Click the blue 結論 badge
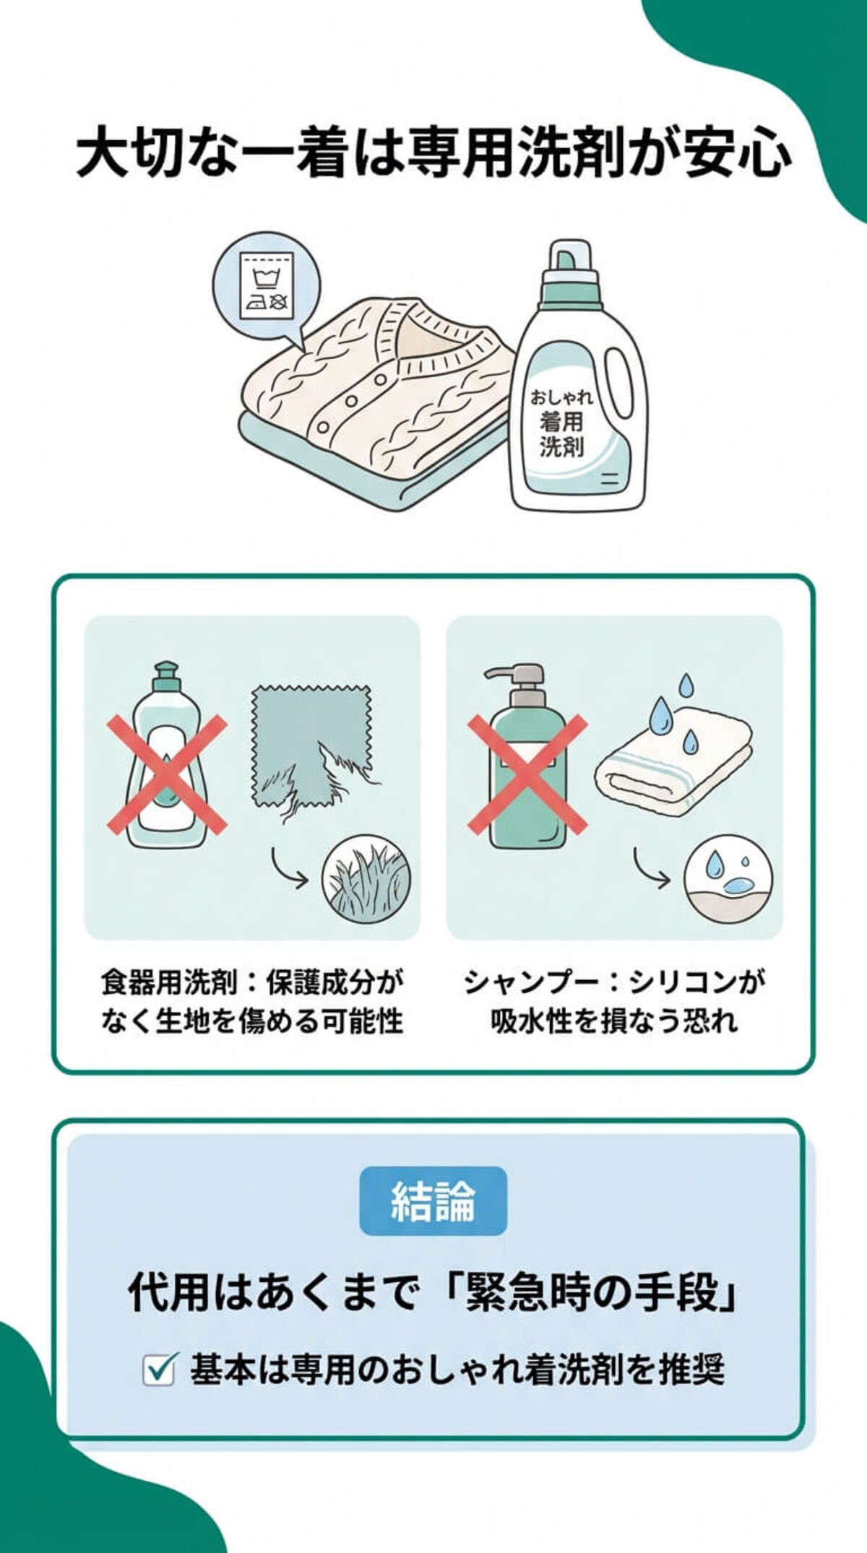tap(433, 1201)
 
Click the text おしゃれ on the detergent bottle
tap(561, 397)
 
